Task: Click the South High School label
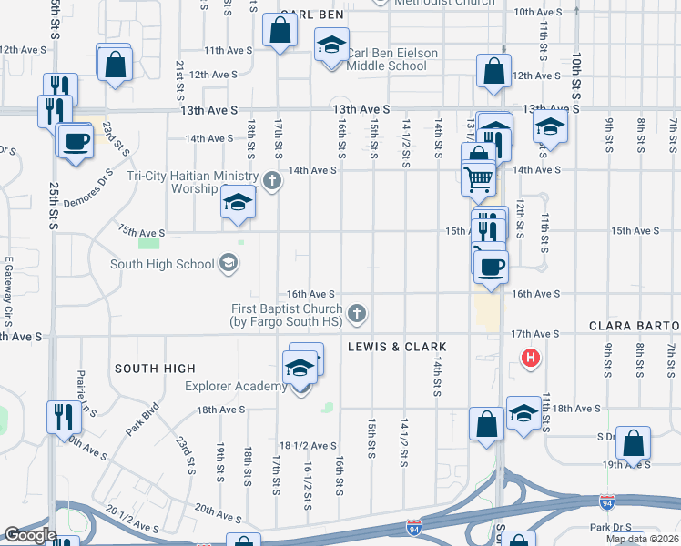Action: (162, 265)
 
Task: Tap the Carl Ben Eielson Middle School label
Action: (392, 59)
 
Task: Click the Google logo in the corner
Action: (29, 535)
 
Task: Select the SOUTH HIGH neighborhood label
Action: (155, 369)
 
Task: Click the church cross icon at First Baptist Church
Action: (358, 314)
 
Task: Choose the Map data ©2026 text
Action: (643, 539)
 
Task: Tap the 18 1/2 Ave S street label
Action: (302, 445)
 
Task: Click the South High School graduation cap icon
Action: (227, 265)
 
